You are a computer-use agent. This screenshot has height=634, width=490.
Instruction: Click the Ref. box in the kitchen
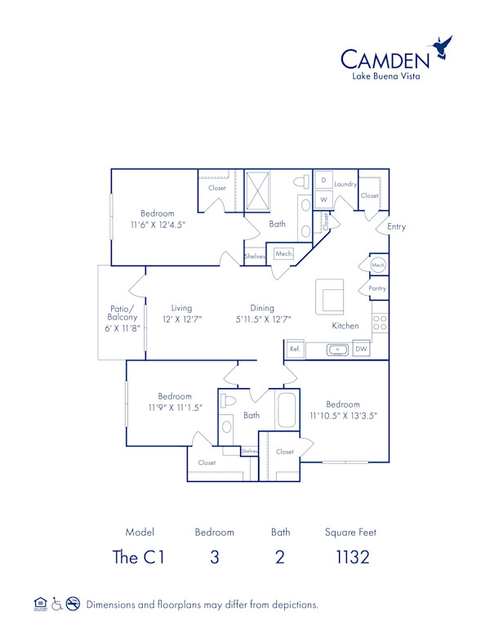[x=295, y=349]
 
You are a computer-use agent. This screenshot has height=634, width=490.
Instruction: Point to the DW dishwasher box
[x=361, y=349]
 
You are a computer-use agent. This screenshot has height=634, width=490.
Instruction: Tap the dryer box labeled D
[x=323, y=180]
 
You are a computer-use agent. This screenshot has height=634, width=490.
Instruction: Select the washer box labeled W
[x=323, y=199]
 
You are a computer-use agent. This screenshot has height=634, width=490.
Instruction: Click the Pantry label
[x=376, y=288]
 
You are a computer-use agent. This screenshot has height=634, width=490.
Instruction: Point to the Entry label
[x=396, y=226]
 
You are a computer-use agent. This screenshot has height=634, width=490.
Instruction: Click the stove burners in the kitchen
[x=380, y=322]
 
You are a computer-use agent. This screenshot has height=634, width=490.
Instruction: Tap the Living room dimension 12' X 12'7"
[x=181, y=319]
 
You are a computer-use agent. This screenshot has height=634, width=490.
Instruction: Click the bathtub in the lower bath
[x=287, y=410]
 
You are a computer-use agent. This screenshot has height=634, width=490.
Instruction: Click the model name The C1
[x=139, y=557]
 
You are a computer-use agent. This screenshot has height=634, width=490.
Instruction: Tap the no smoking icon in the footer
[x=73, y=605]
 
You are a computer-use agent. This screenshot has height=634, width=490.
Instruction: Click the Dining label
[x=261, y=308]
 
